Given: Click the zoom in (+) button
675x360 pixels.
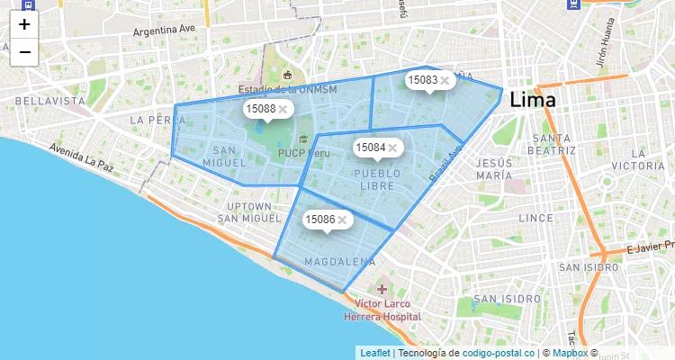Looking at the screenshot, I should click(24, 24).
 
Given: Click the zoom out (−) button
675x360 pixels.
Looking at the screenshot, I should click(24, 52).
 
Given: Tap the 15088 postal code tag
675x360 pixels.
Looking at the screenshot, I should click(261, 109).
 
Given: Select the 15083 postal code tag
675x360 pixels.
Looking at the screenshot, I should click(423, 80).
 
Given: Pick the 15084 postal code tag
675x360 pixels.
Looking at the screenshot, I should click(371, 147).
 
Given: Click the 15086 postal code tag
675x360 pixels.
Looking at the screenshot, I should click(320, 219).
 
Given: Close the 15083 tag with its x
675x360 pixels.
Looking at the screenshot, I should click(445, 80).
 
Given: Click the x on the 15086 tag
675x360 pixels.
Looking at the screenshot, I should click(342, 219).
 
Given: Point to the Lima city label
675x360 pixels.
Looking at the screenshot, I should click(533, 100).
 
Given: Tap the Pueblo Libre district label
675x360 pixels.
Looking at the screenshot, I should click(376, 178).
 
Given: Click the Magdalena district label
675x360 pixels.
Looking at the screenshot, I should click(339, 262).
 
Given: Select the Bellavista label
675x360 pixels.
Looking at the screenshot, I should click(49, 102).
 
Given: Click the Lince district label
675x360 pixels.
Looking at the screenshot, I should click(536, 218).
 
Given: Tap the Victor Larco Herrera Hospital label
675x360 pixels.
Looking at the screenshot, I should click(382, 310).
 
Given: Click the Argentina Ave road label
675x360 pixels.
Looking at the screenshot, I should click(164, 30).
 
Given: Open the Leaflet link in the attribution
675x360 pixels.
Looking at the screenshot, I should click(375, 353).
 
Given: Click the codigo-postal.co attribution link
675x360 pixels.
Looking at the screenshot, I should click(498, 353).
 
